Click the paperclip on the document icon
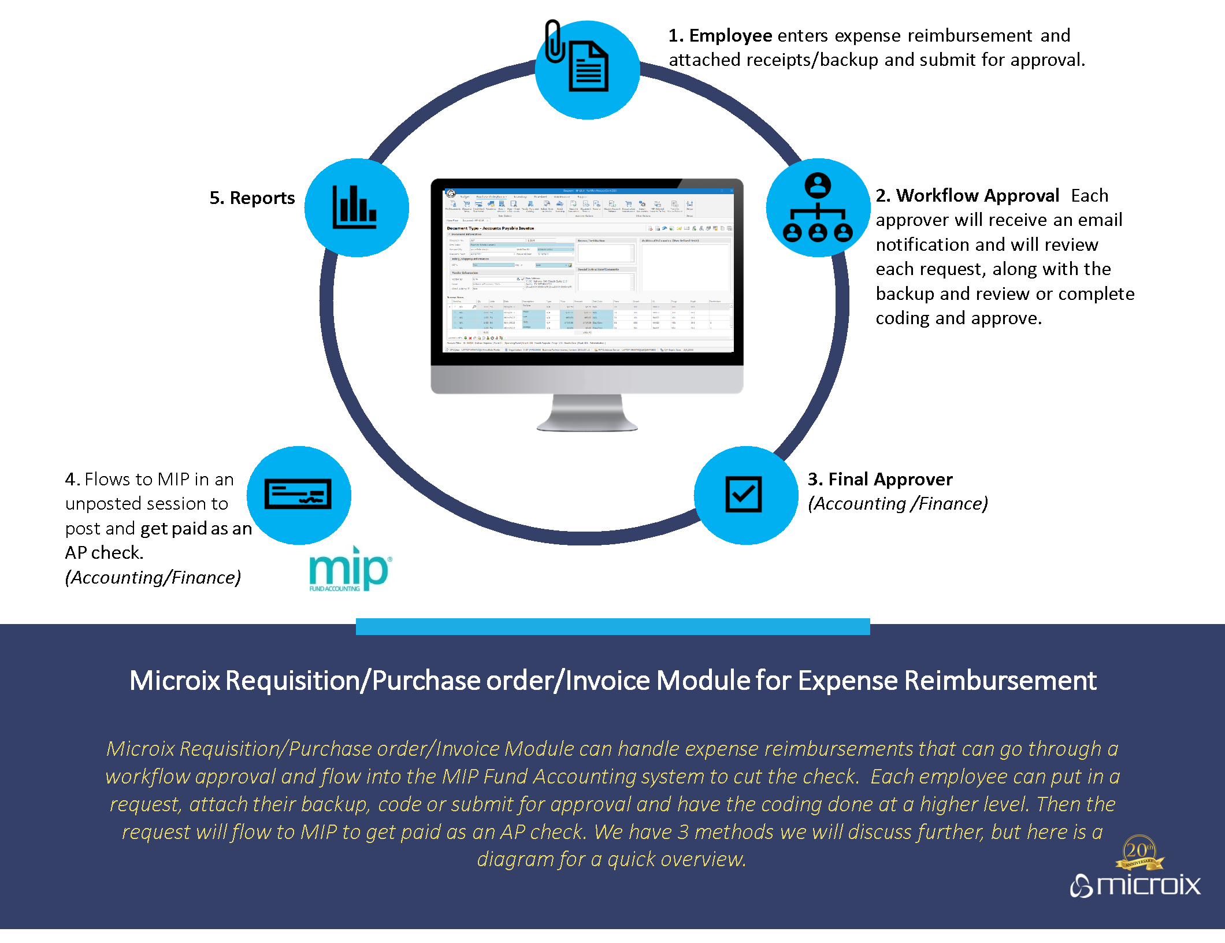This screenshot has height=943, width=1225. tap(554, 42)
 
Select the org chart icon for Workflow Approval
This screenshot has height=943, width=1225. tap(818, 208)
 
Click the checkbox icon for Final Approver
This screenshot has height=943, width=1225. tap(744, 495)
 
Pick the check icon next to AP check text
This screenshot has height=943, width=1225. tap(298, 495)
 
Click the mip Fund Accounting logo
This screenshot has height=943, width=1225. tap(350, 570)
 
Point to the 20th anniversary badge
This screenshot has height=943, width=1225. tap(1139, 852)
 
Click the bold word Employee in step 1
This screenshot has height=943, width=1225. tap(730, 36)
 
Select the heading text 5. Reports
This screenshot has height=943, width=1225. tap(252, 198)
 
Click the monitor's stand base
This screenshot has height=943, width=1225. tap(587, 425)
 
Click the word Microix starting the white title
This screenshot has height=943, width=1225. tap(175, 681)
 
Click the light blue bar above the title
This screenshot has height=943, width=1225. tap(612, 627)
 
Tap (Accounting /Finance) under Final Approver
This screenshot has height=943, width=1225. tap(897, 504)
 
